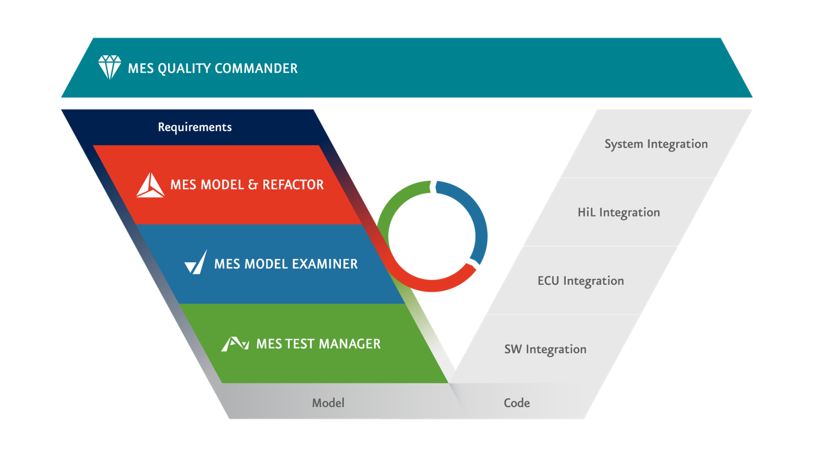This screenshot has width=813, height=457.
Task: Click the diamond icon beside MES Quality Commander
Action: click(109, 68)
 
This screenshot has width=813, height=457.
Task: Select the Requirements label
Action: click(195, 127)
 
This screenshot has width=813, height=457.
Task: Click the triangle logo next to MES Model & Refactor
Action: click(150, 185)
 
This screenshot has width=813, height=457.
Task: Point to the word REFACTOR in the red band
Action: click(293, 185)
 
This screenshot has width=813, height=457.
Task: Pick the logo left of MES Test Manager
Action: click(234, 344)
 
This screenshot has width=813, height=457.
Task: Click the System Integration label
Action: click(656, 144)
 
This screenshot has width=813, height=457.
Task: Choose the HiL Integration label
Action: click(618, 213)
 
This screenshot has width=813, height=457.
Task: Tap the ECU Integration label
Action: click(581, 281)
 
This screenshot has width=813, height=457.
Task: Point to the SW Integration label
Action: click(545, 350)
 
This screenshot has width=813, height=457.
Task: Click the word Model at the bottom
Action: click(328, 403)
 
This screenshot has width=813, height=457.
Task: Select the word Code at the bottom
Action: click(517, 403)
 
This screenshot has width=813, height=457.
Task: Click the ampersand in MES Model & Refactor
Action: click(253, 185)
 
